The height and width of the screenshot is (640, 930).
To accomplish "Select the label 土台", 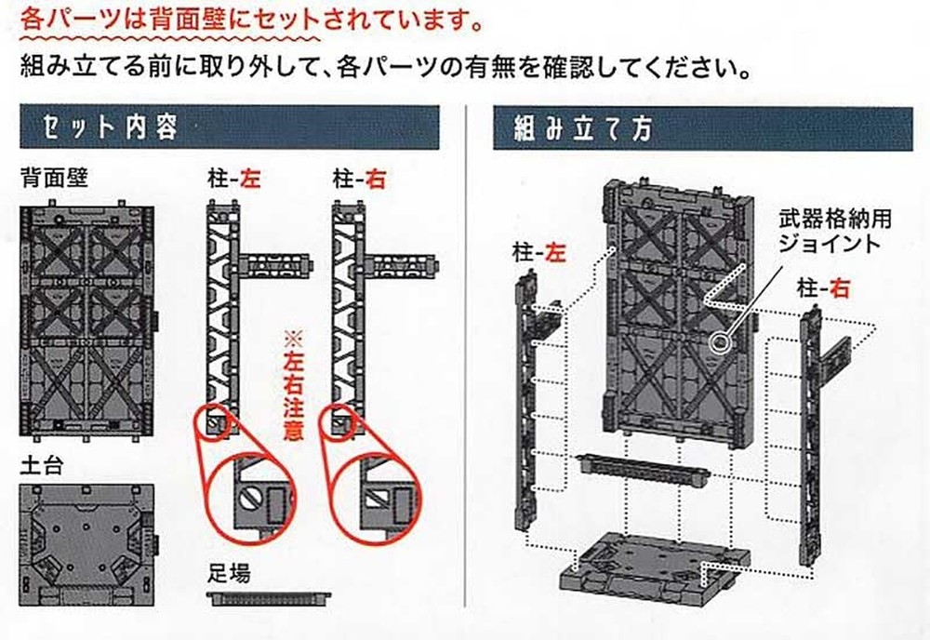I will [x=42, y=462].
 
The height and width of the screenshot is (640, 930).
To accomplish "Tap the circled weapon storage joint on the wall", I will [x=719, y=341].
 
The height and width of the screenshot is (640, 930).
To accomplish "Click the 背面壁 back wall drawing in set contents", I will [x=88, y=317].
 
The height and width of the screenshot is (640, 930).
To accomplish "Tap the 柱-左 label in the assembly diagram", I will [x=538, y=252].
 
